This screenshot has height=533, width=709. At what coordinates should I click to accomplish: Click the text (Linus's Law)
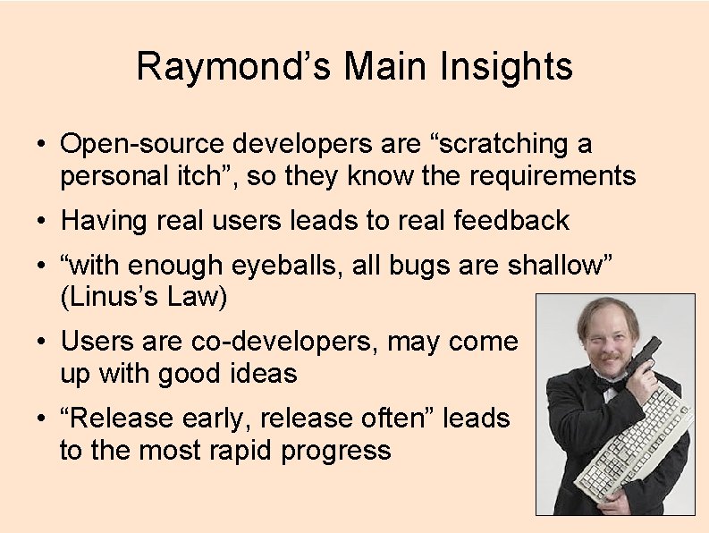tap(144, 297)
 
